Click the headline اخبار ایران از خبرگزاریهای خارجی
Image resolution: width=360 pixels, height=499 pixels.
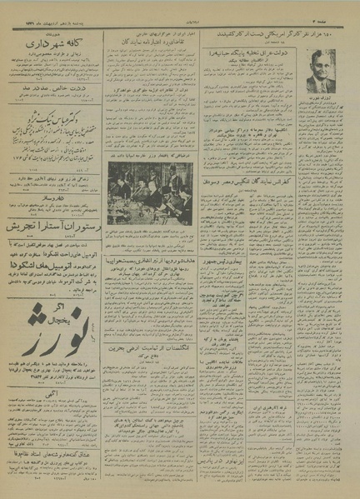(x=150, y=36)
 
